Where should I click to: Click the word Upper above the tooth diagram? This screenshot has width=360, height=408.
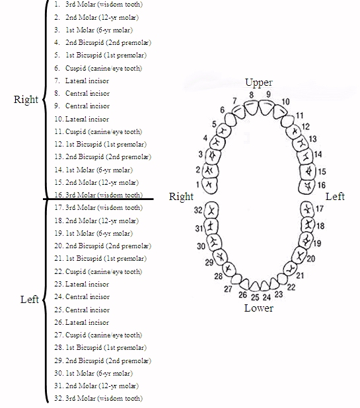click(259, 83)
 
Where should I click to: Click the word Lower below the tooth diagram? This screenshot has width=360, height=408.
click(259, 308)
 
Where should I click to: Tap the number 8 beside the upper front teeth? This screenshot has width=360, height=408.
click(251, 94)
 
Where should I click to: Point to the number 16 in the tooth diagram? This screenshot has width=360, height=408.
click(322, 185)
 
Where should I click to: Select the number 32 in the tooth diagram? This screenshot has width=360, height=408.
click(198, 210)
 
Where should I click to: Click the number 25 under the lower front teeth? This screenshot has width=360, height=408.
click(255, 297)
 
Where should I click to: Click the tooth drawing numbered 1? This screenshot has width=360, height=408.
click(209, 186)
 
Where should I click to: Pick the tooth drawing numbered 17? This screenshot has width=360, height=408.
click(307, 209)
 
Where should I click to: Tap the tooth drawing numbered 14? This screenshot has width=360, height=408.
click(306, 156)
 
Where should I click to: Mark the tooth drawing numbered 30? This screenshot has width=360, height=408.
click(214, 242)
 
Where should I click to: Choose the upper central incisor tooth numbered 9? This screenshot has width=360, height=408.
click(266, 108)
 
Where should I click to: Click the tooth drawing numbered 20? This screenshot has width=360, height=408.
click(299, 255)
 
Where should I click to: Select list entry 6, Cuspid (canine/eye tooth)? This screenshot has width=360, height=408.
click(98, 68)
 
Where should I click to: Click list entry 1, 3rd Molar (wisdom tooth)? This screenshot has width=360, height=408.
click(98, 5)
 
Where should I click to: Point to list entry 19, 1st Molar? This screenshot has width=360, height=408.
click(93, 233)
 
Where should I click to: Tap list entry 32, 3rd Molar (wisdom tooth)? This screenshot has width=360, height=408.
click(98, 398)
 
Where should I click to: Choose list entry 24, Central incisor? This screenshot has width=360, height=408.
click(82, 296)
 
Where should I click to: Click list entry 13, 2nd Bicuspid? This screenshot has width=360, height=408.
click(103, 156)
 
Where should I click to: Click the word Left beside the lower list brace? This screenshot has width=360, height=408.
click(30, 300)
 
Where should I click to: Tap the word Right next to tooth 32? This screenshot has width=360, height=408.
click(181, 197)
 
